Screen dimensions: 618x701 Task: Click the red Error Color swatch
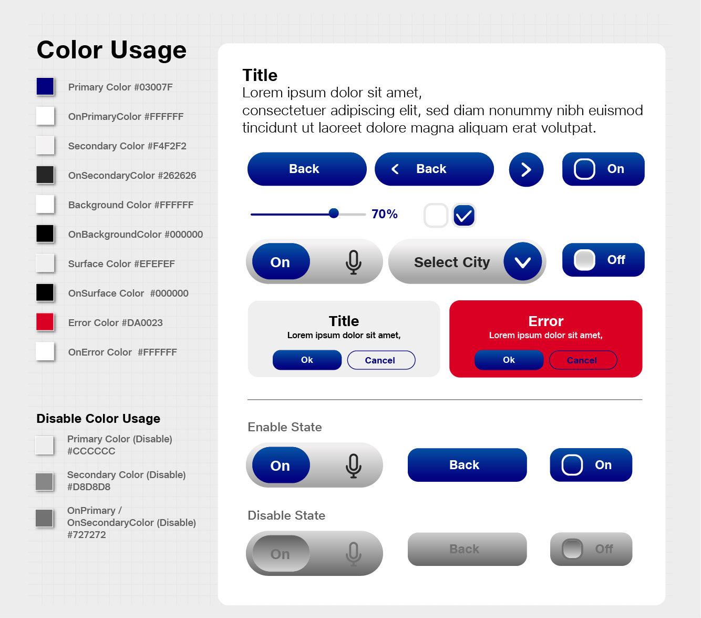coord(45,322)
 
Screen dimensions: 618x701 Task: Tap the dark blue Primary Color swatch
coord(45,86)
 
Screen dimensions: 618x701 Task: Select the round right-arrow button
coord(526,169)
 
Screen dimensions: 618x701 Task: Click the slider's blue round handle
coord(334,213)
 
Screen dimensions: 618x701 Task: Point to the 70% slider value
coord(384,214)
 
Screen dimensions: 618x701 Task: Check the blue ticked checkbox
coord(464,215)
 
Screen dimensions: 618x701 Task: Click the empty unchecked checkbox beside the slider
coord(436,215)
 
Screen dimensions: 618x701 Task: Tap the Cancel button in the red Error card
coord(583,360)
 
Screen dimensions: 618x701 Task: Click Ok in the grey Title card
coord(307,360)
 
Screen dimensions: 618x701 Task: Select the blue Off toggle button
coord(603,260)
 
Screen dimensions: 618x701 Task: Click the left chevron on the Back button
coord(395,169)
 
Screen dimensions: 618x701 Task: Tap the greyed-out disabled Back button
coord(467,549)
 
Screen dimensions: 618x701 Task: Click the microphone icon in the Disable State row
coord(354,554)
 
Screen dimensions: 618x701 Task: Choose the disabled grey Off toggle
coord(591,549)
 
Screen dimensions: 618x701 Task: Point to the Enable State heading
coord(284,427)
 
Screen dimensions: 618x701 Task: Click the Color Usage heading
coord(111,50)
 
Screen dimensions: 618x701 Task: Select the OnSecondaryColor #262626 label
coord(132,175)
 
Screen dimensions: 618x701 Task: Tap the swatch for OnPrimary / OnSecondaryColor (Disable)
coord(44,518)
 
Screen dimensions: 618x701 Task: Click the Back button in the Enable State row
coord(467,465)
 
